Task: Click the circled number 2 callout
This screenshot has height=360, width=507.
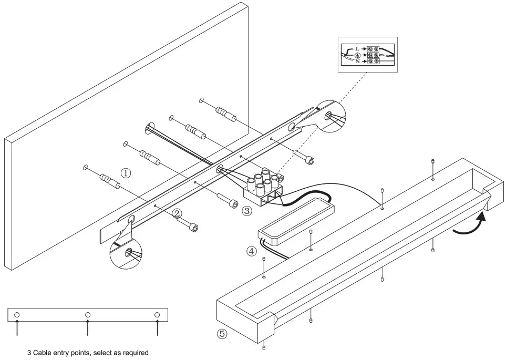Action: (177, 213)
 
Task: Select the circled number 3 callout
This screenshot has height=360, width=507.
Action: (247, 211)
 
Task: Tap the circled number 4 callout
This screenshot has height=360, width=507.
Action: (252, 251)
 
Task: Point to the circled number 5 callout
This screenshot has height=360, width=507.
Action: (222, 334)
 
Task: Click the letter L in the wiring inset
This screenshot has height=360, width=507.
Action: (357, 48)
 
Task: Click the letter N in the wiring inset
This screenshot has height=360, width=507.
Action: (357, 61)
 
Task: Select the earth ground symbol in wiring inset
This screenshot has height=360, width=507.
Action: (357, 55)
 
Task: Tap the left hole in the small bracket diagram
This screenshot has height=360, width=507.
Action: (17, 315)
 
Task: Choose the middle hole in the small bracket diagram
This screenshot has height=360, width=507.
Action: (88, 315)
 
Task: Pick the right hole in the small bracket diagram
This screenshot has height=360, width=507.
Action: (157, 315)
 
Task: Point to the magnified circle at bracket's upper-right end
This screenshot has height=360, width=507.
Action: (329, 117)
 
